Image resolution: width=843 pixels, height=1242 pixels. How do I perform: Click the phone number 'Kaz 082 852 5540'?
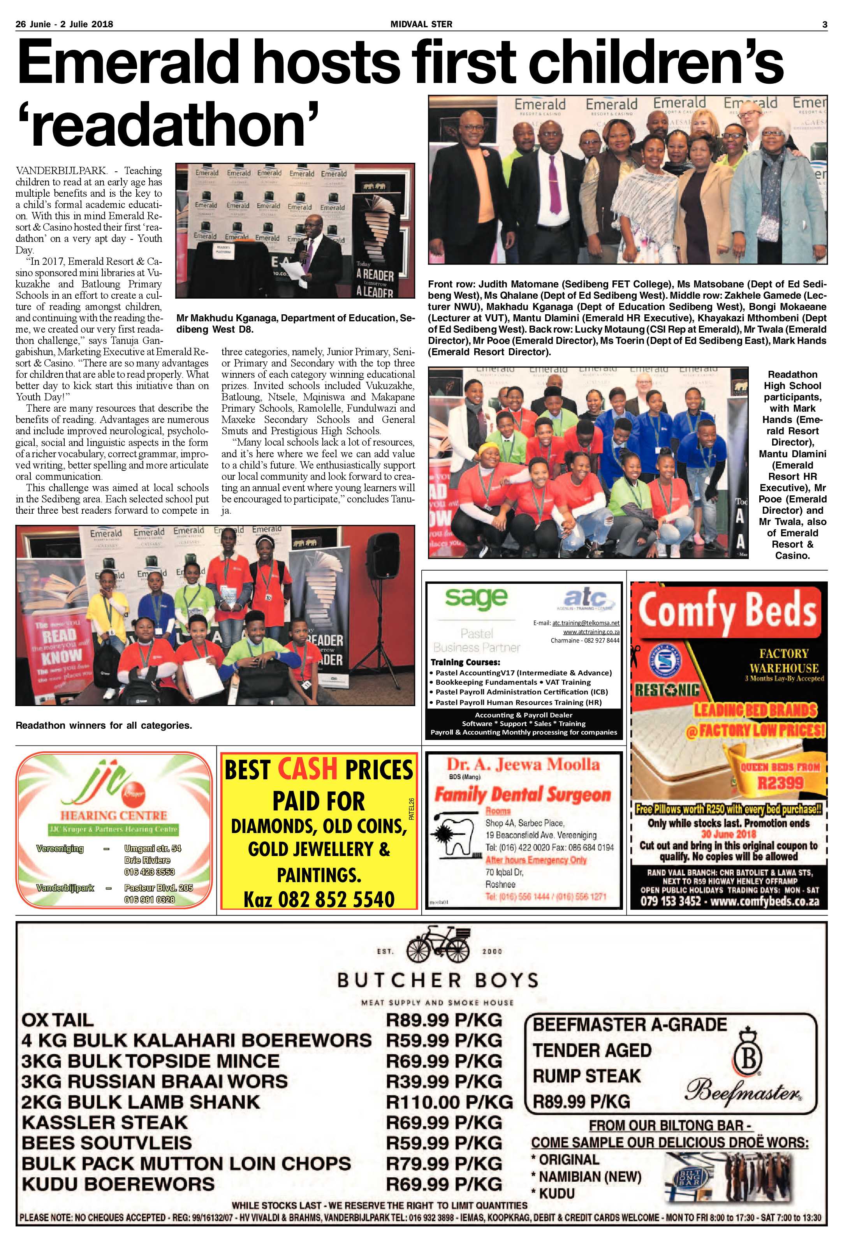(319, 899)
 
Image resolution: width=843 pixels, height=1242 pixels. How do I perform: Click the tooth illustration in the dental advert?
(454, 836)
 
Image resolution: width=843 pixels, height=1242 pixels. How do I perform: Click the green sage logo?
(475, 597)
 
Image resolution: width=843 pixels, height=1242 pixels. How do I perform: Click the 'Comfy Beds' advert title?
(728, 610)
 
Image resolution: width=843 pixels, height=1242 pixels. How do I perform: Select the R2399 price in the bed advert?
(780, 784)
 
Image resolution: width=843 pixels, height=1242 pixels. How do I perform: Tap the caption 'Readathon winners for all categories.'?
(104, 725)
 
